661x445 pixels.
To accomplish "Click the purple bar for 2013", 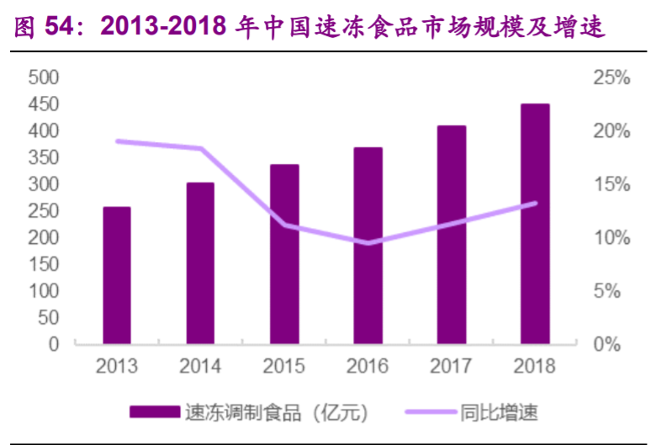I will [x=117, y=276].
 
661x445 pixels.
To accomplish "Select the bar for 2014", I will [x=200, y=263].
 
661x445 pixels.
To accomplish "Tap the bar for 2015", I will [x=283, y=254].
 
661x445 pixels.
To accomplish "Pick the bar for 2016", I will [x=368, y=246].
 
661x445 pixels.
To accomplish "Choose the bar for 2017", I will [x=452, y=235].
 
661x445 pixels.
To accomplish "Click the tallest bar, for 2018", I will [x=535, y=224].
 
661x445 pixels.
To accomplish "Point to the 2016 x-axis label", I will [x=368, y=367].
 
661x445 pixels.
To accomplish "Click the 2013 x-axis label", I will [x=117, y=367].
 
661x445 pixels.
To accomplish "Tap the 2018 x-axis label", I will [x=535, y=367].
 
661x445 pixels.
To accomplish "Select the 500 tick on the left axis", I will [x=43, y=77].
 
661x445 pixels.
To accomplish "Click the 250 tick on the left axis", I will [x=43, y=211].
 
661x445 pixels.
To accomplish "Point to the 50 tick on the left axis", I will [x=48, y=317].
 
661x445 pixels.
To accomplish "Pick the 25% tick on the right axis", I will [x=611, y=77].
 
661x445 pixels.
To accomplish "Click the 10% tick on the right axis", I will [x=611, y=238].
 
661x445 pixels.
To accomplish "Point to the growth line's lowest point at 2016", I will [x=368, y=243].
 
